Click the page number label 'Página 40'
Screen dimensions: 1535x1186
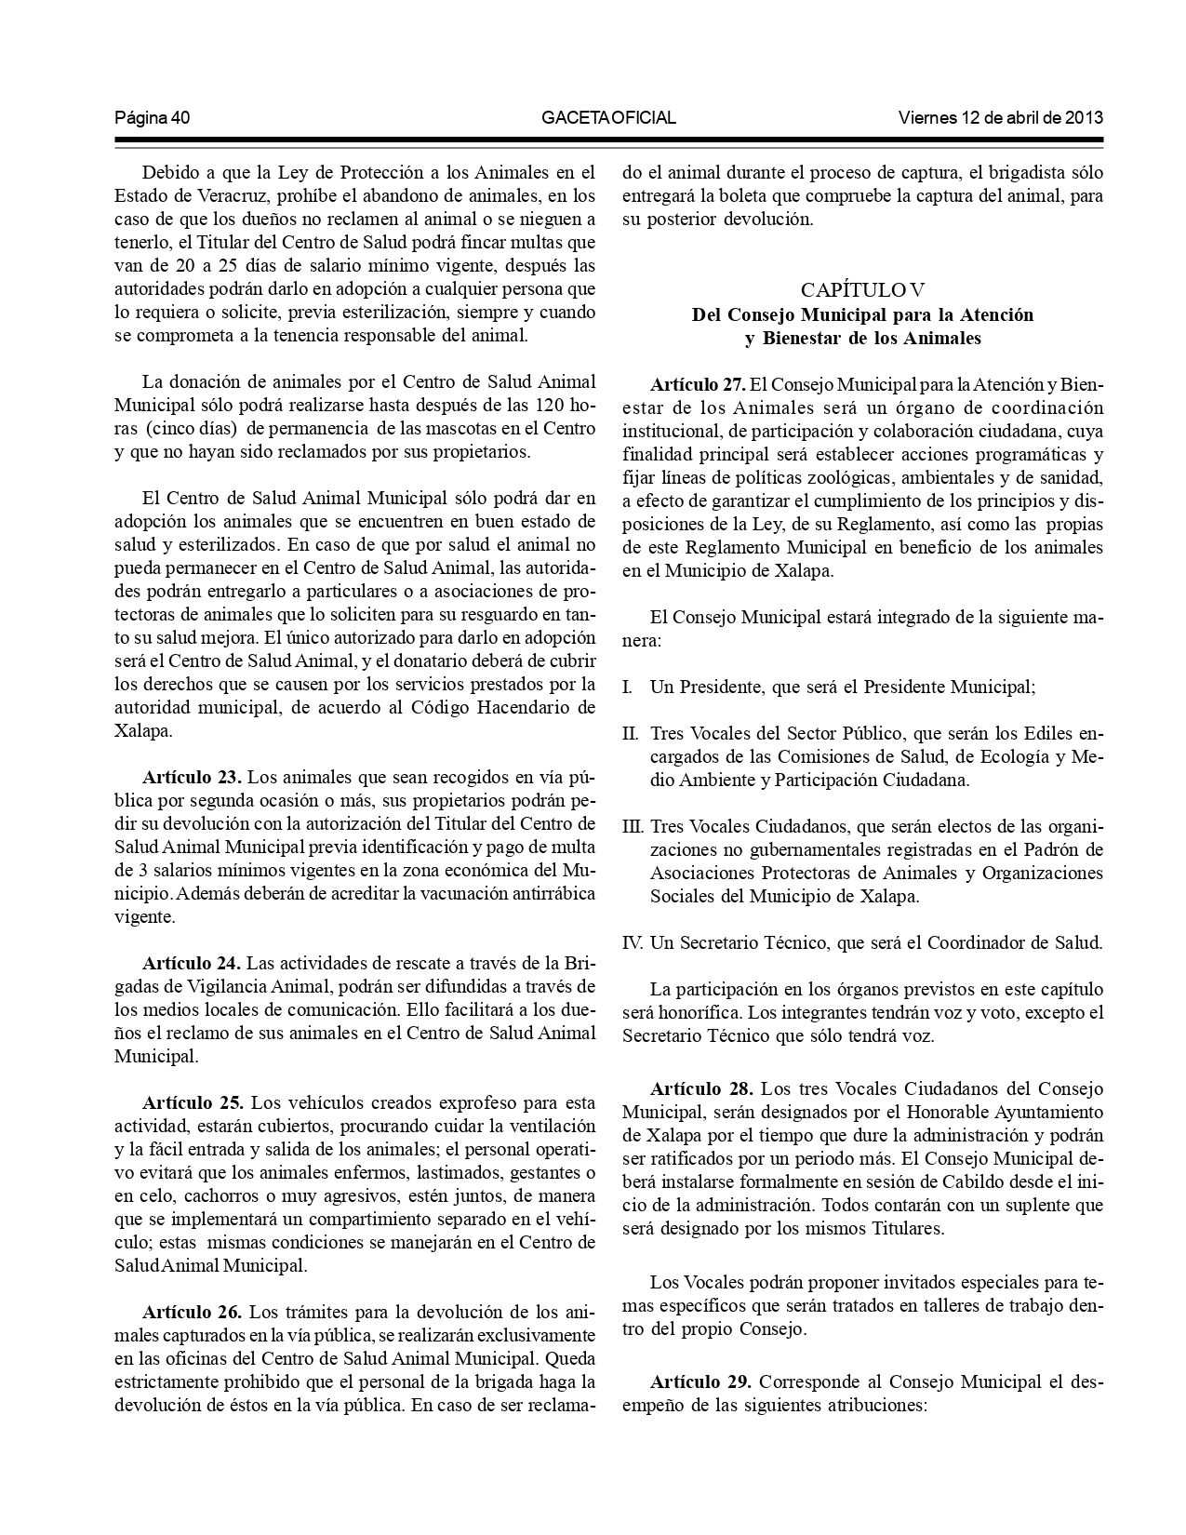click(x=153, y=118)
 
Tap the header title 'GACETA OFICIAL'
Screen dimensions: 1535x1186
click(x=608, y=118)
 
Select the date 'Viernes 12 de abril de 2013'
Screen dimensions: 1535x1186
click(x=1001, y=118)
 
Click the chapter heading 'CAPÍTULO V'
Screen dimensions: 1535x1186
click(x=862, y=290)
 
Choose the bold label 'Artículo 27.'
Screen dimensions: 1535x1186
click(x=698, y=384)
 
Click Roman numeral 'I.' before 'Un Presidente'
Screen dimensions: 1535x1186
click(x=628, y=687)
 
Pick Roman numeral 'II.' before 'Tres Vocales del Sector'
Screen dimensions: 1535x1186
click(x=631, y=733)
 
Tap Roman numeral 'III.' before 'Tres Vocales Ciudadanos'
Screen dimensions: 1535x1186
click(x=633, y=827)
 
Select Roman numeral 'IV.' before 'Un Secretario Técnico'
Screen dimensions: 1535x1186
click(x=633, y=943)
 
